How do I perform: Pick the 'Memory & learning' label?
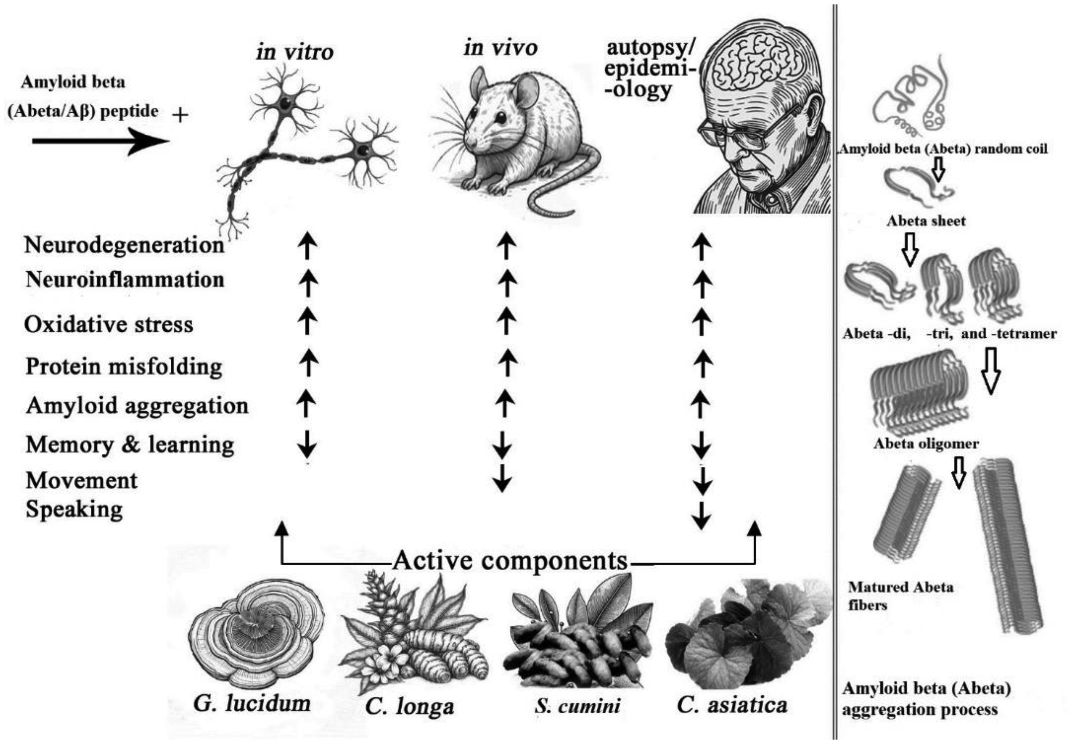pos(130,444)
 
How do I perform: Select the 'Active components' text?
pos(510,561)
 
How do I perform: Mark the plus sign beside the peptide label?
pos(180,115)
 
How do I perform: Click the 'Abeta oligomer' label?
pos(926,444)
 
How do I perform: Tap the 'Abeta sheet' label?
pos(926,220)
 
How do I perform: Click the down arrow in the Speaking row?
pos(701,516)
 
